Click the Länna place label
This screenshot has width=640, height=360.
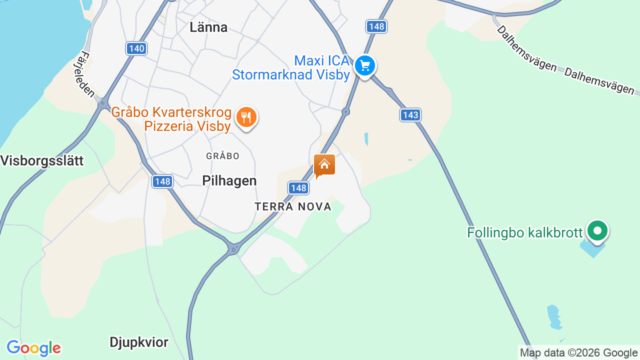208,27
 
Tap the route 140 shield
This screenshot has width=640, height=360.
136,48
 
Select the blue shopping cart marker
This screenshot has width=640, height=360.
365,66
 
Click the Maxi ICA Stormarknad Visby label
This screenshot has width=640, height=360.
291,68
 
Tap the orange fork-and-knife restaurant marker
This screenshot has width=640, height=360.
245,117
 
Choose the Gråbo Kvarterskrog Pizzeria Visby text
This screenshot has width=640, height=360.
171,119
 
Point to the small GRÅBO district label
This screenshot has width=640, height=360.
222,156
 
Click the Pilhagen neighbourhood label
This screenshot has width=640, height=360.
229,181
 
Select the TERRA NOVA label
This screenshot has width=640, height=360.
293,207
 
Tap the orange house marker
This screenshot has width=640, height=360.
324,165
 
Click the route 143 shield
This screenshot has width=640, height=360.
410,115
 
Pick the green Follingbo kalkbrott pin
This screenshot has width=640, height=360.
597,231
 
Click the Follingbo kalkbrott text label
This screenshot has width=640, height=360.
525,233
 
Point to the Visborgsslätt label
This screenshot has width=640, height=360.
42,161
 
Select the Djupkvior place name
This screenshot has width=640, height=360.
139,342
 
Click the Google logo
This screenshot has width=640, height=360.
33,348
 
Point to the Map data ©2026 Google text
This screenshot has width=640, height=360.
578,353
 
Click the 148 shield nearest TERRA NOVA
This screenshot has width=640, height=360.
298,188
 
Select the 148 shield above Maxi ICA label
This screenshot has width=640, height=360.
376,26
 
